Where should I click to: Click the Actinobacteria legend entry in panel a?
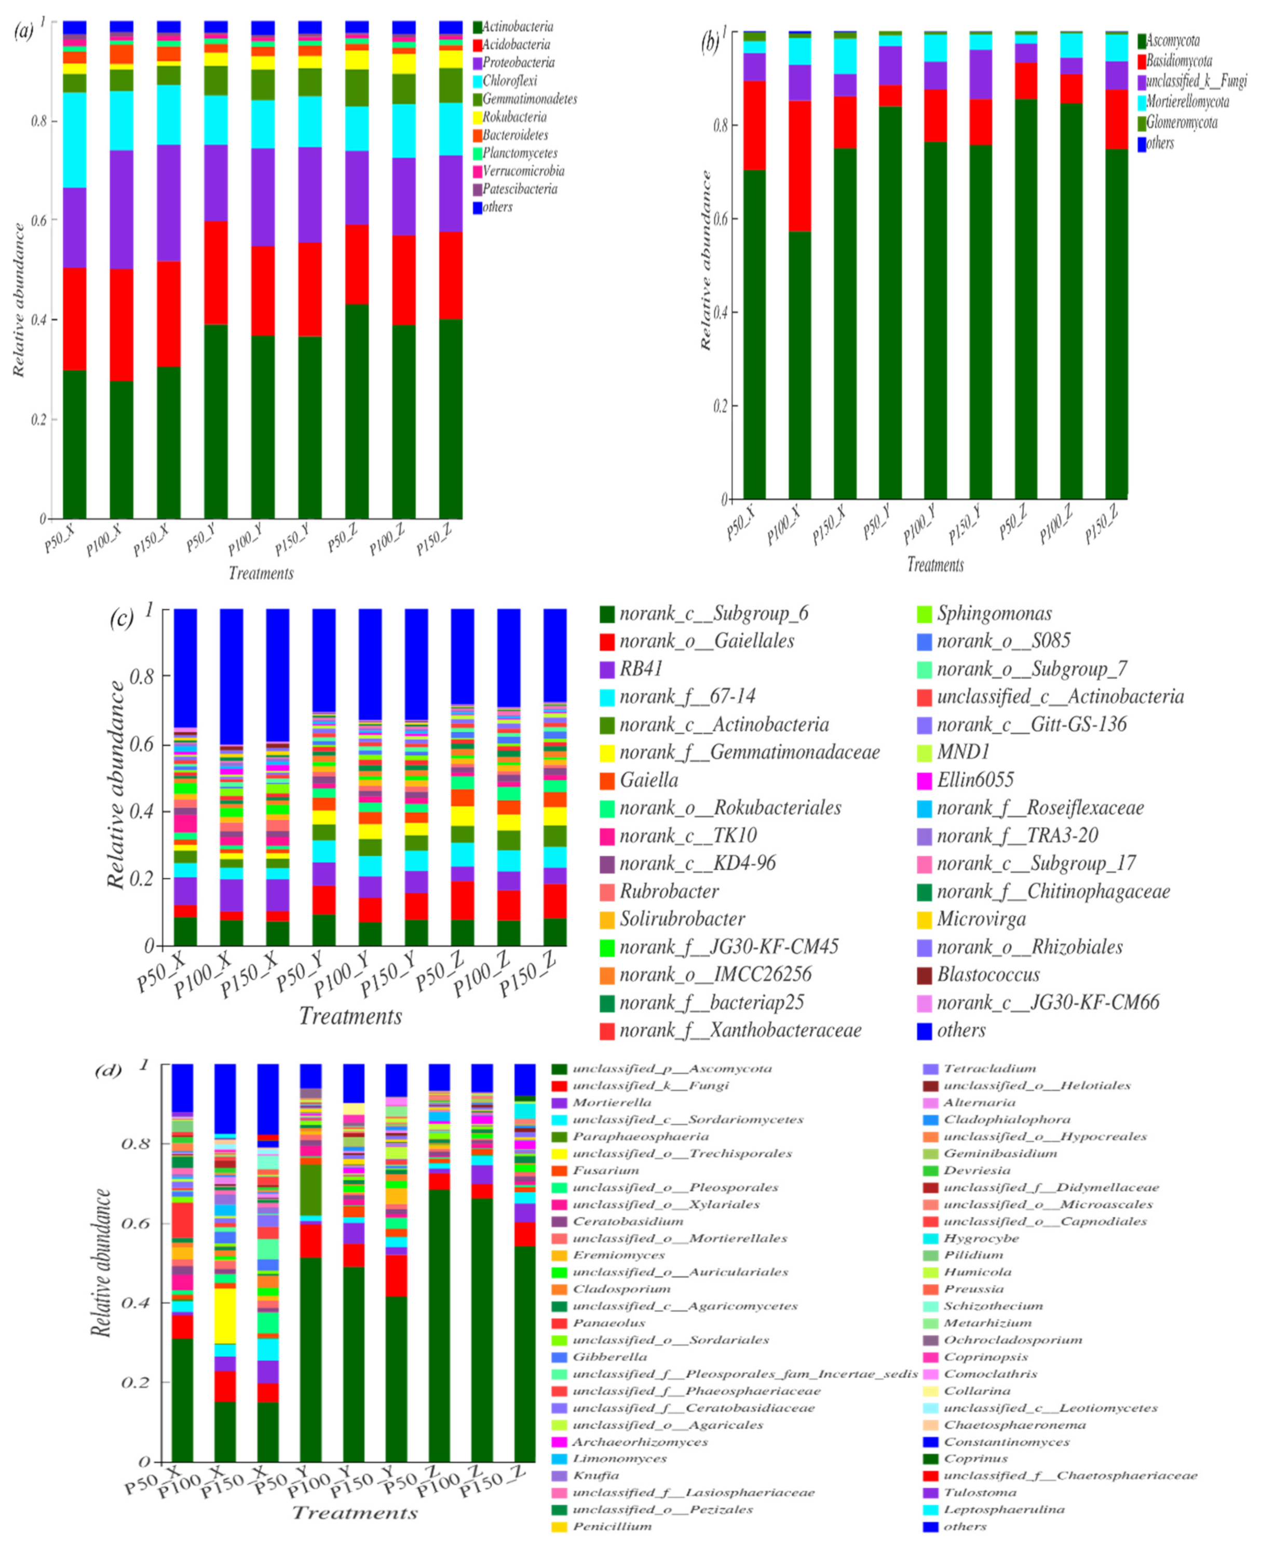517,27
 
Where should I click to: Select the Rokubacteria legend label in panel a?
514,117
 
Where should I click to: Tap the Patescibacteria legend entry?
519,189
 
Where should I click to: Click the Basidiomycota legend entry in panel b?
1178,61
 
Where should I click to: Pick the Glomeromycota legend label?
1181,122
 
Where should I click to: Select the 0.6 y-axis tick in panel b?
721,218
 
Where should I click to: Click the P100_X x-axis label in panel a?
103,540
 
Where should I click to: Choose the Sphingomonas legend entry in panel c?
994,613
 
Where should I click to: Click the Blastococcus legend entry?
988,975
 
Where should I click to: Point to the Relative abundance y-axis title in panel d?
102,1263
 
